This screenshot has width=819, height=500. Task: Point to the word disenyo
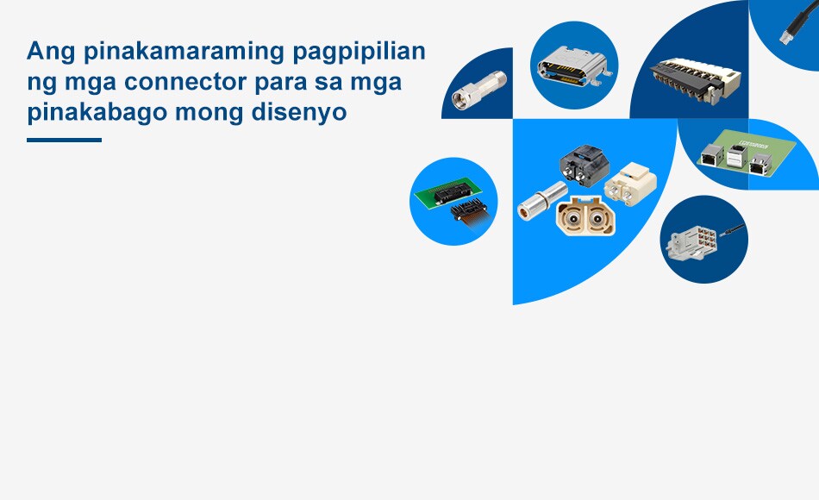299,113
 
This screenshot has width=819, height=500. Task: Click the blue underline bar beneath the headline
65,140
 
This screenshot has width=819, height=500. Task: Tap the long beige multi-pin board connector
695,78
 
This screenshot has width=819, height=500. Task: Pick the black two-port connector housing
585,163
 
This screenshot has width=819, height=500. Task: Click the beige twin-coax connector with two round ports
586,216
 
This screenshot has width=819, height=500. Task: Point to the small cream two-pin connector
630,184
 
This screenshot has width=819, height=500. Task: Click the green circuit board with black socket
448,191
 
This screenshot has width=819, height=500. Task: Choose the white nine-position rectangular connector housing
691,242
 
